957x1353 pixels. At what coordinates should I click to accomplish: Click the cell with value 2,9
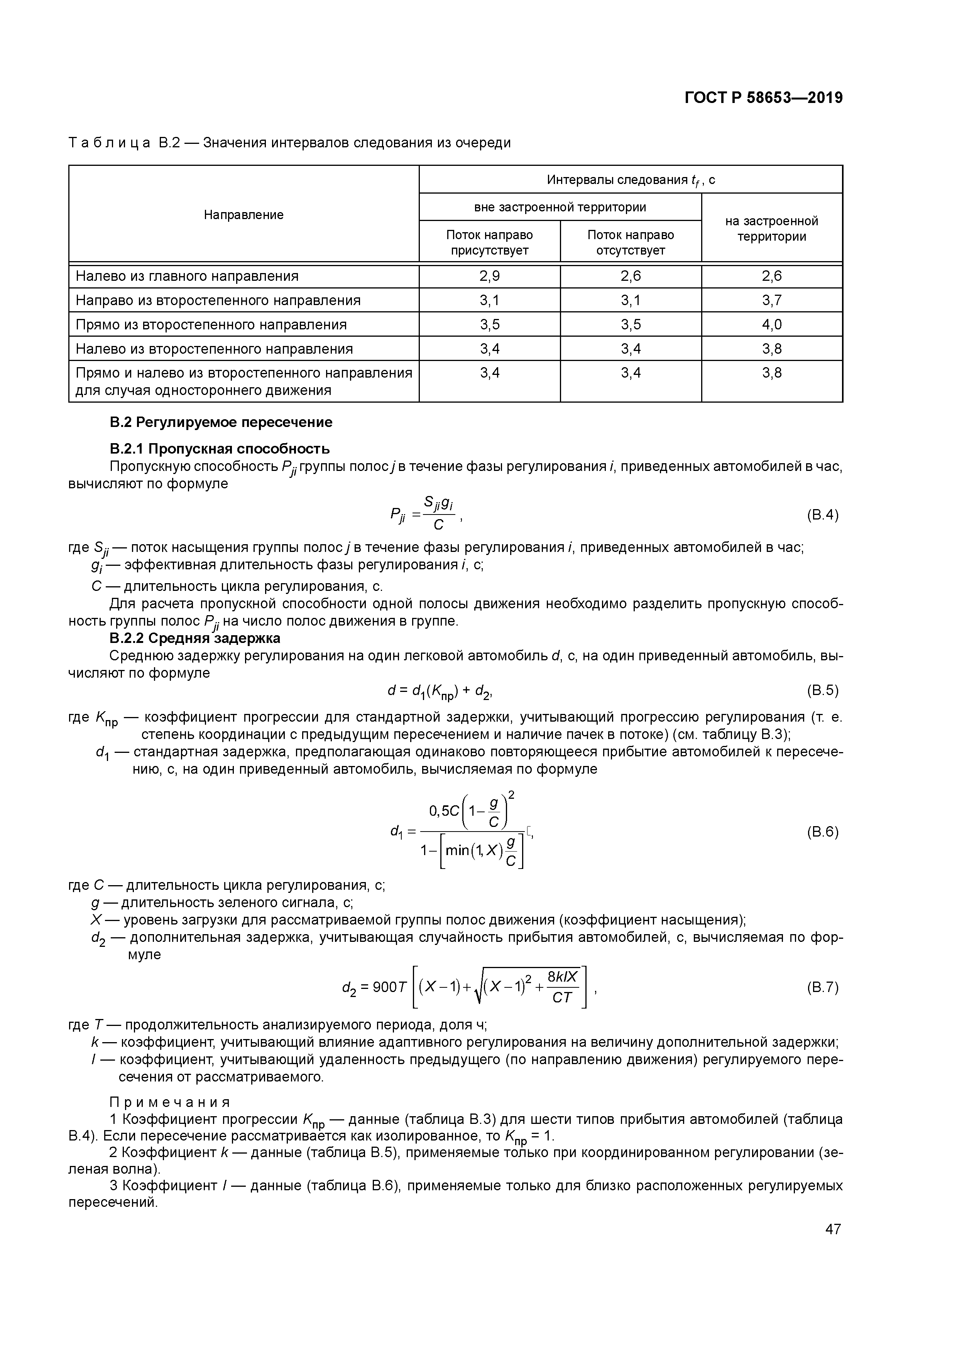click(489, 276)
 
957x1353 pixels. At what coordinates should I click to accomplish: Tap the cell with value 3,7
click(771, 300)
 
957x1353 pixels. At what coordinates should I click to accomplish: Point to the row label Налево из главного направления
click(187, 276)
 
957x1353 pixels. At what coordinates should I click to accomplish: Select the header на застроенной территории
click(771, 229)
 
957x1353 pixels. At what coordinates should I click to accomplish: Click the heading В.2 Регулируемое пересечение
click(221, 422)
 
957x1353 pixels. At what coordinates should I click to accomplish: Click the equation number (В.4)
click(822, 515)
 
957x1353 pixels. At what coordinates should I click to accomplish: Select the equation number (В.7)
click(822, 988)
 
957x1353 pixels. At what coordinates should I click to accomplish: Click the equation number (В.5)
click(822, 690)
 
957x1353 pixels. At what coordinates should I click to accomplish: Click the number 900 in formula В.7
click(386, 988)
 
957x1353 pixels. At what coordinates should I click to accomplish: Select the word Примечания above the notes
click(170, 1102)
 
